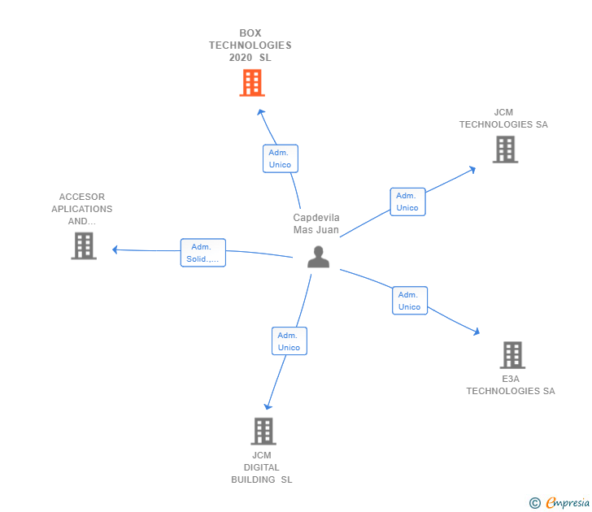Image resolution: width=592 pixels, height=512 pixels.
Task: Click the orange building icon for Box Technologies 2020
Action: point(252,83)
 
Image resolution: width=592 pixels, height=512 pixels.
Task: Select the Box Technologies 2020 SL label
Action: point(250,46)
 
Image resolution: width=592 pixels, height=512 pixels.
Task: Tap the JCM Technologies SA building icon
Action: point(505,150)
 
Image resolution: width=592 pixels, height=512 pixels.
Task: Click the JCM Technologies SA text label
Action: point(503,119)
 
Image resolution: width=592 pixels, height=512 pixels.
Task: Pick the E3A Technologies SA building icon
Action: point(511,355)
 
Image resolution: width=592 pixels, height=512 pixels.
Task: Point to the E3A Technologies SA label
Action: point(511,385)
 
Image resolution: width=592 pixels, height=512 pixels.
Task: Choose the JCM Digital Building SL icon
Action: point(263,431)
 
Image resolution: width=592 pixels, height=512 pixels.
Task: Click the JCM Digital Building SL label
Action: point(262,467)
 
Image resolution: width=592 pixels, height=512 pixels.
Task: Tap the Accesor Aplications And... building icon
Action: point(84,245)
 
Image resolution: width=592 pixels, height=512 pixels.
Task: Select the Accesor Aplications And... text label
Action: point(82,209)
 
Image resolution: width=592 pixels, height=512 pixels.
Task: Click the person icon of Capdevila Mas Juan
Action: point(318,257)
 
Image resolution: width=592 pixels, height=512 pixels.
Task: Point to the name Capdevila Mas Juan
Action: point(316,223)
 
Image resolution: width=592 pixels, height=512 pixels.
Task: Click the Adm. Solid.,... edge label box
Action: point(202,253)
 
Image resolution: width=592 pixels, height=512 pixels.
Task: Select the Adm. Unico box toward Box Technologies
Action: point(280,158)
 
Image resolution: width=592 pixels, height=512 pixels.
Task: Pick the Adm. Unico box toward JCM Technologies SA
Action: point(407,202)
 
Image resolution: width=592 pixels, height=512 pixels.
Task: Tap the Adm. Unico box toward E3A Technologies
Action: point(410,301)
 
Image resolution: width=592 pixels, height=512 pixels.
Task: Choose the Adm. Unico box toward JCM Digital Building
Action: point(289,341)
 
